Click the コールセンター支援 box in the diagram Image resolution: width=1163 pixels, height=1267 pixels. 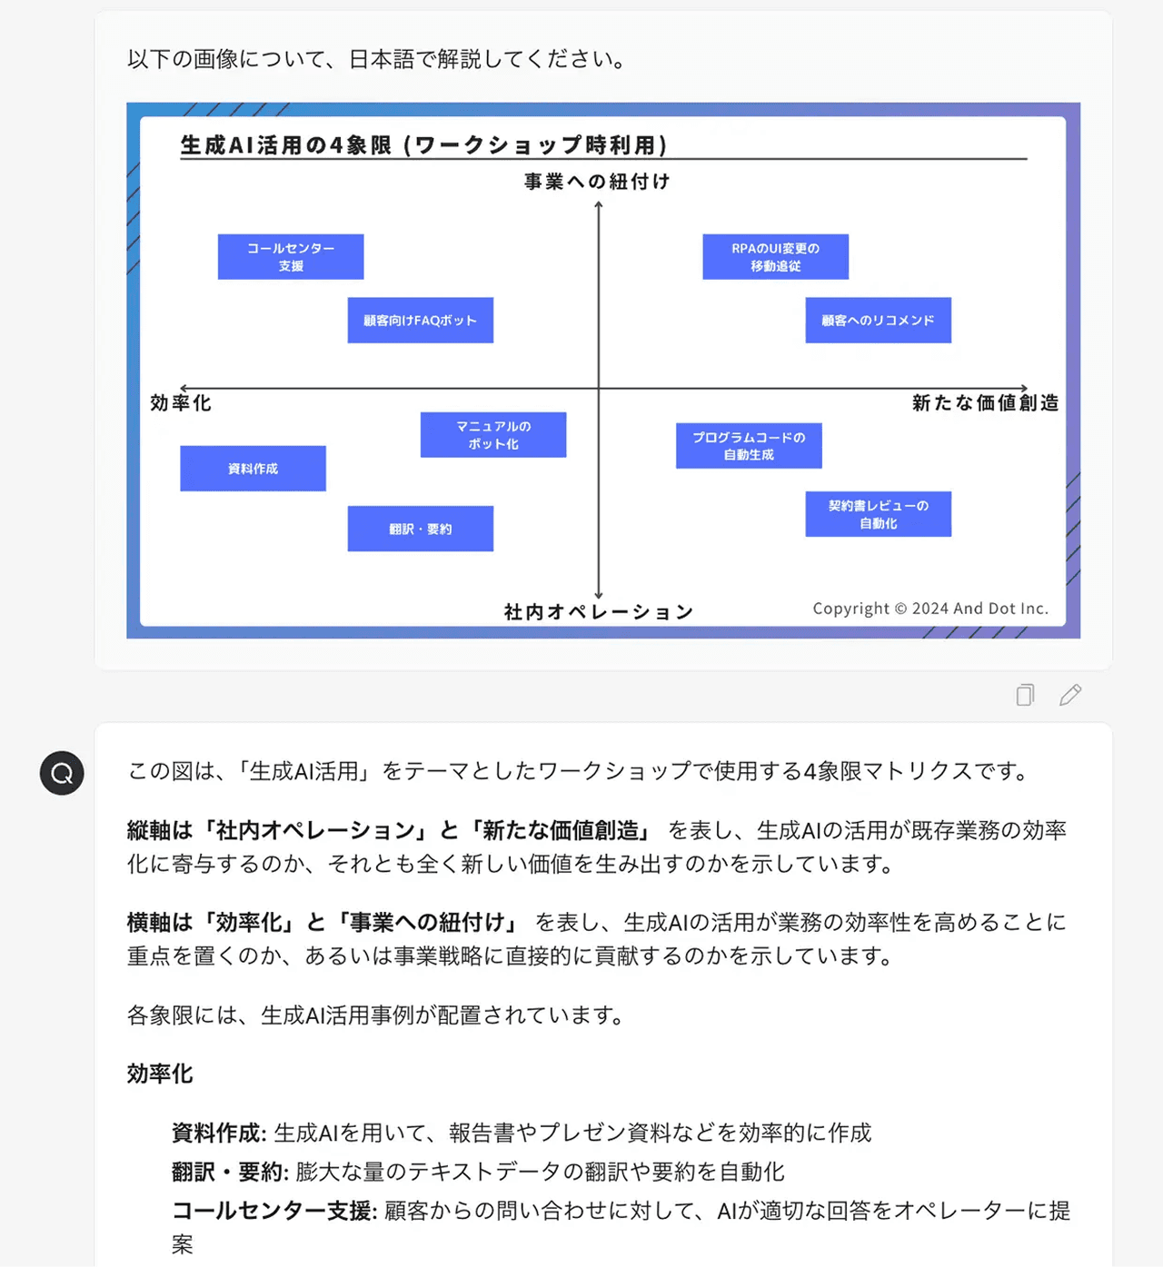pyautogui.click(x=291, y=257)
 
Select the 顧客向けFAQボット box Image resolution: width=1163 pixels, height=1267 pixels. pyautogui.click(x=421, y=321)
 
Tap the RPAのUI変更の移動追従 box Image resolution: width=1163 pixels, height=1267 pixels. pyautogui.click(x=775, y=257)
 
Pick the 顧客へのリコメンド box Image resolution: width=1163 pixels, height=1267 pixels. pyautogui.click(x=878, y=321)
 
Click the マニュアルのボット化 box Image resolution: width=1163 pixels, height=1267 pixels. pyautogui.click(x=493, y=435)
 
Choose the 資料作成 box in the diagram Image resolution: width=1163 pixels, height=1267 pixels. pyautogui.click(x=253, y=469)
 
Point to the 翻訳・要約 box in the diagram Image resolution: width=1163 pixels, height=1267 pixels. pyautogui.click(x=421, y=529)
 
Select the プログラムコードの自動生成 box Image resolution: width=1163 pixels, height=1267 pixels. pyautogui.click(x=749, y=446)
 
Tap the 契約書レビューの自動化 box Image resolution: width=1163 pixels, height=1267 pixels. pyautogui.click(x=878, y=514)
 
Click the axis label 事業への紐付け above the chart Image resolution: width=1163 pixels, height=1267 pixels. pyautogui.click(x=597, y=182)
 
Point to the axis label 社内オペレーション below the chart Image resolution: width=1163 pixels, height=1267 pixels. pyautogui.click(x=599, y=612)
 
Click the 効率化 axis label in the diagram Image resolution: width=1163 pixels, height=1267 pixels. pyautogui.click(x=181, y=403)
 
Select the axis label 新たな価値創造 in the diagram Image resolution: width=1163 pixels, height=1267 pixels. pyautogui.click(x=985, y=403)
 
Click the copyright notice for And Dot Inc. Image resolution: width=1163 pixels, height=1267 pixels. pyautogui.click(x=930, y=609)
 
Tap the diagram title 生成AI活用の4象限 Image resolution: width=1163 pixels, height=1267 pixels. pyautogui.click(x=423, y=145)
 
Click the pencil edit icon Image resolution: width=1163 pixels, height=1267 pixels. pyautogui.click(x=1070, y=695)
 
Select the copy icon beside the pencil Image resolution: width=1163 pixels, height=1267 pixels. pyautogui.click(x=1025, y=695)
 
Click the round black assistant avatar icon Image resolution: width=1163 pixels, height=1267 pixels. pyautogui.click(x=62, y=774)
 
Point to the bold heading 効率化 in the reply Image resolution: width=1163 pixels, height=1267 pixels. pyautogui.click(x=160, y=1074)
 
